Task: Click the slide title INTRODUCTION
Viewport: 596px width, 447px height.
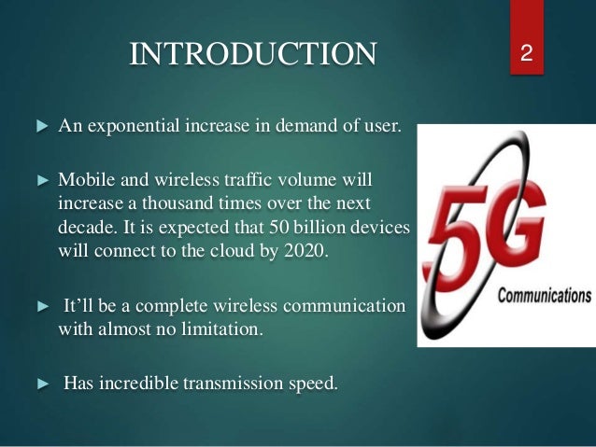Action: click(x=253, y=54)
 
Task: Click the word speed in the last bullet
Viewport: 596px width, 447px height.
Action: click(x=312, y=382)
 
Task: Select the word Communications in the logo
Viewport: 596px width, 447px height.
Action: click(x=545, y=296)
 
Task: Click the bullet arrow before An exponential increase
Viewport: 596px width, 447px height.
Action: click(x=41, y=127)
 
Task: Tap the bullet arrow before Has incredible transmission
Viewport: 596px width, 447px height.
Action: click(x=41, y=382)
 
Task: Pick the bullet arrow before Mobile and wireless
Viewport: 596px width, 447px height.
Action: click(x=41, y=178)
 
